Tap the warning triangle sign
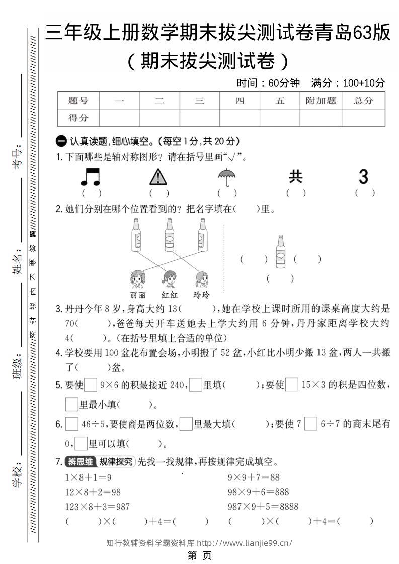point(158,177)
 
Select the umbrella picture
point(227,176)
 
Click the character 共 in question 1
point(296,176)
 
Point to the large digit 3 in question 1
point(363,176)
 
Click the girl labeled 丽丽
point(137,279)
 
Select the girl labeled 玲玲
point(201,279)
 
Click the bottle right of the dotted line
point(280,252)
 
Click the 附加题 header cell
point(321,101)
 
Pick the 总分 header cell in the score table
point(363,101)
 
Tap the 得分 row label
point(78,118)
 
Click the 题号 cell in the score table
point(78,101)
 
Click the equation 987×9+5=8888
point(263,506)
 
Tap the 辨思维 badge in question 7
point(81,461)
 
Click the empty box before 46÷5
point(72,424)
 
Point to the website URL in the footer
point(244,543)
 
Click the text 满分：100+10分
point(348,83)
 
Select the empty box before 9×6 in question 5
point(91,385)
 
